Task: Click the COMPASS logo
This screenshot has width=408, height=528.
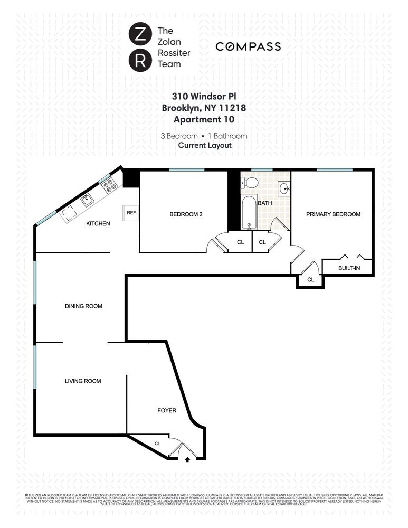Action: coord(248,47)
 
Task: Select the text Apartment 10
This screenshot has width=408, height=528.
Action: coord(204,119)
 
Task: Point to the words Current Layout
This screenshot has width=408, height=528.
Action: coord(204,145)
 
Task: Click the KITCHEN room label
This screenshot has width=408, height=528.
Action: coord(98,224)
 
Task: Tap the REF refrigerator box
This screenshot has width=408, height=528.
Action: coord(131,213)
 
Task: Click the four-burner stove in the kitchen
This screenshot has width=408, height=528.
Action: coord(109,185)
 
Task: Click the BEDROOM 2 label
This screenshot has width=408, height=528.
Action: coord(186,214)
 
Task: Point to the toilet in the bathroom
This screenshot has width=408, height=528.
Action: coord(251,183)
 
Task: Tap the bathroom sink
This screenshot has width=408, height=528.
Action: coord(284,187)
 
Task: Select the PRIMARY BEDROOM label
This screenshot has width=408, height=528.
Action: coord(334,214)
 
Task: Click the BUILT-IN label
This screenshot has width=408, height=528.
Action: coord(349,268)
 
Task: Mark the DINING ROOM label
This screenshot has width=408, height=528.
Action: coord(83,306)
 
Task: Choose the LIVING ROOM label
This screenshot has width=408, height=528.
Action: coord(83,381)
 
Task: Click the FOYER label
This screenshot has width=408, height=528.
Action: coord(167,410)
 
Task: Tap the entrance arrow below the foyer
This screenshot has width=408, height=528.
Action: coord(187,460)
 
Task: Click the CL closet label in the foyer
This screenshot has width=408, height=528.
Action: coord(157,444)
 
